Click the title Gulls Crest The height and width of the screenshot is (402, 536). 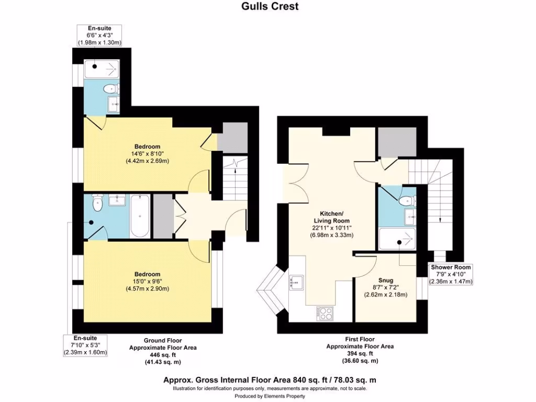(x=270, y=6)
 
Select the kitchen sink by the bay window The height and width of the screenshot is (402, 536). (x=297, y=281)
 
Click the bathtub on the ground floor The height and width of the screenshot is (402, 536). (x=140, y=216)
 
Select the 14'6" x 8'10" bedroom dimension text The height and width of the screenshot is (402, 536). (x=147, y=154)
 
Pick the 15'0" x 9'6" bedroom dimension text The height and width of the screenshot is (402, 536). (x=147, y=282)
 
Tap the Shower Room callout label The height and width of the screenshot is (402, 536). (x=450, y=267)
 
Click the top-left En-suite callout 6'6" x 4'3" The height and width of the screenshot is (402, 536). (x=99, y=35)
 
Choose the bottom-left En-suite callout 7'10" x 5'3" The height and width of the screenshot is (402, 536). (x=84, y=345)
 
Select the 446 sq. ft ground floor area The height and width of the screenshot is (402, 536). (x=156, y=354)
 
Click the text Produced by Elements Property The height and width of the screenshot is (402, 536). (x=270, y=396)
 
